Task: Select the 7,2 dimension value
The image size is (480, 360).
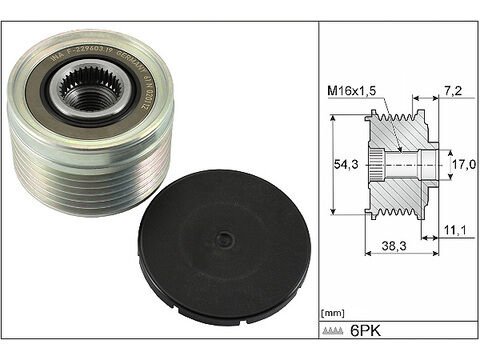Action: (453, 89)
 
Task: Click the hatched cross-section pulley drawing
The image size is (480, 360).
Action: (395, 163)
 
